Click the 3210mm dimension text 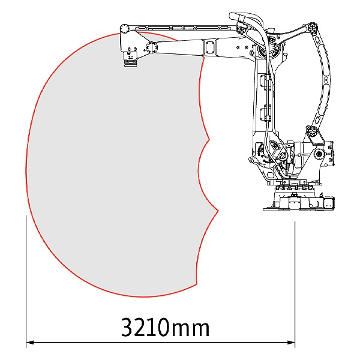click(x=166, y=327)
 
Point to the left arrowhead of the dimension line click(x=31, y=343)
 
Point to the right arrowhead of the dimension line click(x=291, y=343)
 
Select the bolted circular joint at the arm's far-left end click(x=125, y=28)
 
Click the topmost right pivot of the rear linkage click(x=312, y=28)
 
